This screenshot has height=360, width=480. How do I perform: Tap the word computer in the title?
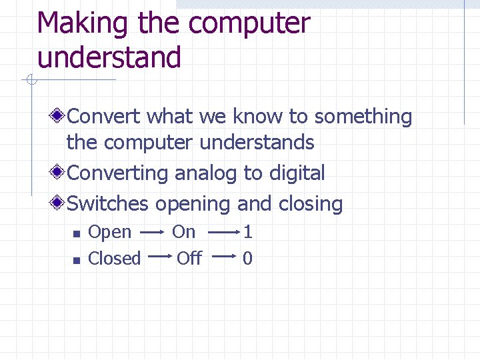point(249,24)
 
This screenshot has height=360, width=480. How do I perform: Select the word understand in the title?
point(109,57)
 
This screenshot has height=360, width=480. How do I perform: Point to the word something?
point(363,118)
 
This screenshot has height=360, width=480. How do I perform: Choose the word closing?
point(311,204)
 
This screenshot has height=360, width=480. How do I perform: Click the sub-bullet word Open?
point(110,233)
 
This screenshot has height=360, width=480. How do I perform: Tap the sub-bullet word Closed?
point(115,258)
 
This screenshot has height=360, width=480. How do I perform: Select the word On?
point(184,231)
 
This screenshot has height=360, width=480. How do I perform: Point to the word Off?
point(189,258)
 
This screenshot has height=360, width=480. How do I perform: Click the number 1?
point(248,231)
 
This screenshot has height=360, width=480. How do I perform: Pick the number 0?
point(248,258)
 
